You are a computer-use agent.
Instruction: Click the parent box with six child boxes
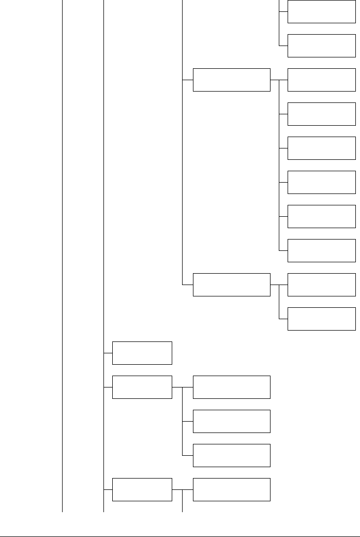pyautogui.click(x=231, y=80)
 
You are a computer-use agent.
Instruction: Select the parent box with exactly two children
pyautogui.click(x=231, y=285)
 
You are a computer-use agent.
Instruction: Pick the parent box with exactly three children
pyautogui.click(x=142, y=387)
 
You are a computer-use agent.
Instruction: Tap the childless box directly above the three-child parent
pyautogui.click(x=142, y=353)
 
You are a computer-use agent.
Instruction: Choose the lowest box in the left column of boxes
pyautogui.click(x=142, y=489)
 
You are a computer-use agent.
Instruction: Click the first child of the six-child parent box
pyautogui.click(x=321, y=80)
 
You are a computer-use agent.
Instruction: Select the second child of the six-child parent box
pyautogui.click(x=321, y=114)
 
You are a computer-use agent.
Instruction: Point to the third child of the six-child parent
pyautogui.click(x=321, y=148)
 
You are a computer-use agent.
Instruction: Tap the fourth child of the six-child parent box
pyautogui.click(x=321, y=182)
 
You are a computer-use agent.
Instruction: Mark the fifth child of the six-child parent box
pyautogui.click(x=321, y=216)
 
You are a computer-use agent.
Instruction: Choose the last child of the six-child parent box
pyautogui.click(x=321, y=250)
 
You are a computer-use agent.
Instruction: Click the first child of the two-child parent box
pyautogui.click(x=321, y=285)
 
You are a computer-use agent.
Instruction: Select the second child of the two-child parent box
pyautogui.click(x=321, y=319)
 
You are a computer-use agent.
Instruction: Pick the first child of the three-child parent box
pyautogui.click(x=231, y=387)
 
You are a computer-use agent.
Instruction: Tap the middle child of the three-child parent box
pyautogui.click(x=231, y=421)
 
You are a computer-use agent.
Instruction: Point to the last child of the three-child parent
pyautogui.click(x=231, y=455)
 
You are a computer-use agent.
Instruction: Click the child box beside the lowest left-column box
pyautogui.click(x=231, y=489)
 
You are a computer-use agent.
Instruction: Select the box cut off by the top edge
pyautogui.click(x=321, y=11)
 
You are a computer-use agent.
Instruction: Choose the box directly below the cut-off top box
pyautogui.click(x=321, y=46)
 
